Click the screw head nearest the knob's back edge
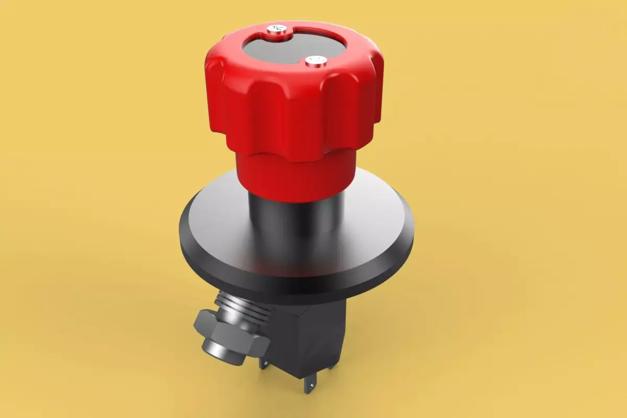click(276, 30)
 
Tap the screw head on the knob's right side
click(316, 61)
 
